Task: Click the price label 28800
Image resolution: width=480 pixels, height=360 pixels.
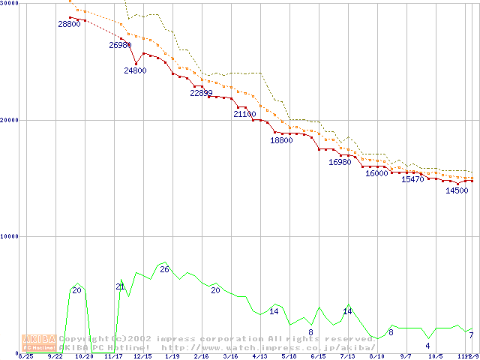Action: (x=69, y=24)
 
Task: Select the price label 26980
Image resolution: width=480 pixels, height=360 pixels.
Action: (x=120, y=45)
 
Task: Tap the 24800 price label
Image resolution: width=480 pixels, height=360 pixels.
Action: (x=135, y=70)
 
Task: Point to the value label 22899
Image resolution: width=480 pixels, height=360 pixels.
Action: (x=201, y=93)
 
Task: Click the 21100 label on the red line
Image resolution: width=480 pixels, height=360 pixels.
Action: (x=244, y=114)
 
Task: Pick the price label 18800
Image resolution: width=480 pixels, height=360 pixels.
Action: (x=281, y=140)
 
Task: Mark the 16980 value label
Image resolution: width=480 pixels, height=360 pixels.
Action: (x=340, y=162)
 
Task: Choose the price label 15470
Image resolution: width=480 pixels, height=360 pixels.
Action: (x=412, y=179)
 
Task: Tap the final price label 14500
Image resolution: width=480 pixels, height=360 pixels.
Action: (x=457, y=190)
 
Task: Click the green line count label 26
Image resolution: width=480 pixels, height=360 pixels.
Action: (x=164, y=269)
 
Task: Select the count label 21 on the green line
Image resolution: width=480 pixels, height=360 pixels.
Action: (x=120, y=286)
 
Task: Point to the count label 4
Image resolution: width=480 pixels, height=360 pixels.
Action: (x=427, y=346)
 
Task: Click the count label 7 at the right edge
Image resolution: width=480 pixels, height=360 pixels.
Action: (x=471, y=335)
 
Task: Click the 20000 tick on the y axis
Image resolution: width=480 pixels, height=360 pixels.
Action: (x=9, y=120)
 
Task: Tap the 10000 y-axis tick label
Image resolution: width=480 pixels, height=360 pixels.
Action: (x=9, y=236)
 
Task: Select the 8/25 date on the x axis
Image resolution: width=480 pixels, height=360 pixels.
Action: (x=25, y=356)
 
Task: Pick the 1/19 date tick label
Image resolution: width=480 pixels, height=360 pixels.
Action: (x=172, y=356)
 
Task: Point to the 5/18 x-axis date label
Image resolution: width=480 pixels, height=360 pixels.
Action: (x=289, y=356)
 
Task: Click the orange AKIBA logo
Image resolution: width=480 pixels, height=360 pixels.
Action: (x=37, y=342)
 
